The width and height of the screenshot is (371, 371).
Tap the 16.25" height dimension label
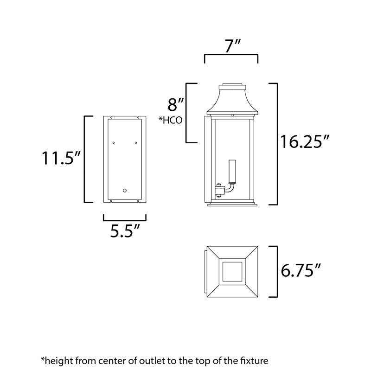tap(305, 142)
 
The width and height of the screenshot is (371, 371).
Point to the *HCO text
tap(170, 120)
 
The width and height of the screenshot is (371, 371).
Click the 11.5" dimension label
tap(62, 158)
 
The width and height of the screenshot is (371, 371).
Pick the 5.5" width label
tap(125, 230)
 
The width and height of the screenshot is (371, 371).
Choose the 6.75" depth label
tap(301, 270)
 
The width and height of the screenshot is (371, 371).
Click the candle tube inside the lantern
tap(232, 172)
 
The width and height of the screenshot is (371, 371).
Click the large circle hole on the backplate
tap(125, 191)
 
